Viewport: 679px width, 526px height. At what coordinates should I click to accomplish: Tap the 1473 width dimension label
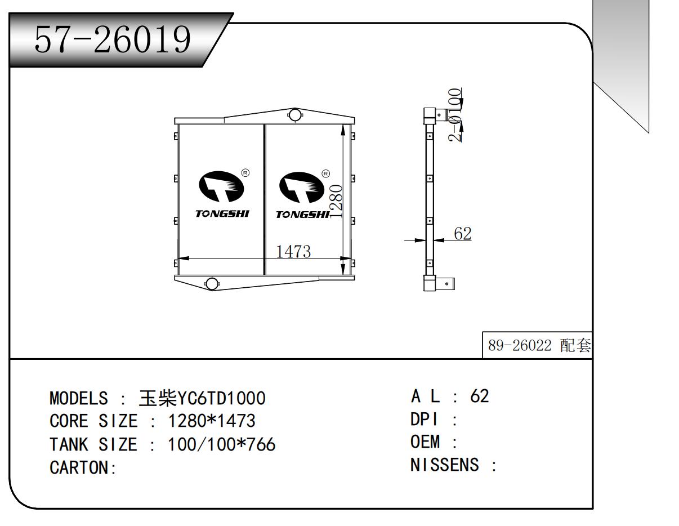pyautogui.click(x=293, y=251)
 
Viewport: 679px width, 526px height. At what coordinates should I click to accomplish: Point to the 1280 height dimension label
pyautogui.click(x=335, y=201)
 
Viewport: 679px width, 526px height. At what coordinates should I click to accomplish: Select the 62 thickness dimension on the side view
pyautogui.click(x=462, y=234)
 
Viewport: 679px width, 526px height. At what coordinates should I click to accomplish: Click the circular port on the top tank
pyautogui.click(x=294, y=115)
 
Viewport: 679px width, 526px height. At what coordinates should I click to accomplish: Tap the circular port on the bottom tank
pyautogui.click(x=212, y=283)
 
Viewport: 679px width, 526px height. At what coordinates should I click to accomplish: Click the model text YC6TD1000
pyautogui.click(x=221, y=399)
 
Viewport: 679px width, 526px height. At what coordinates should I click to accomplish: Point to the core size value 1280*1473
pyautogui.click(x=212, y=421)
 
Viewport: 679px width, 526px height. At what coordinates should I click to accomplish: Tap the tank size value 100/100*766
pyautogui.click(x=222, y=445)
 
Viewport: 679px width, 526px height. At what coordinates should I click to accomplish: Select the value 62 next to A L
pyautogui.click(x=480, y=396)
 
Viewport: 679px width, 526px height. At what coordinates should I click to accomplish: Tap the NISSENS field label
pyautogui.click(x=445, y=465)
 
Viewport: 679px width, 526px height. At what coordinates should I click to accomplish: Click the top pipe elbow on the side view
pyautogui.click(x=432, y=116)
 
